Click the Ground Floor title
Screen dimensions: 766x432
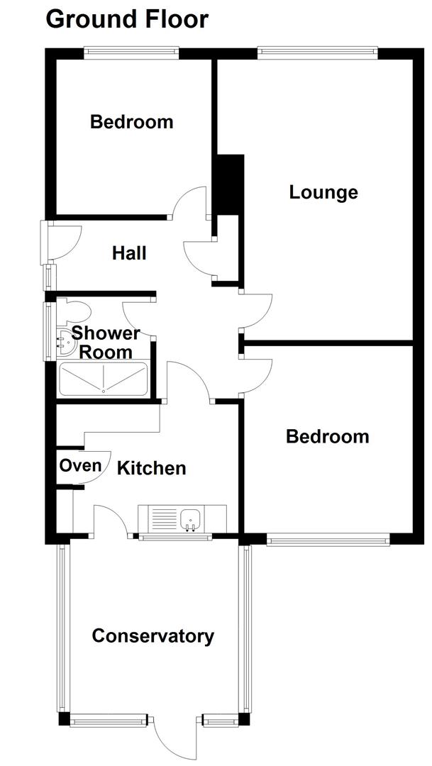click(x=127, y=19)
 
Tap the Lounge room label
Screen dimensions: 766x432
click(x=323, y=192)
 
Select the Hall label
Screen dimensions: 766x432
click(x=129, y=252)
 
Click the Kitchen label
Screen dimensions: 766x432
click(x=151, y=468)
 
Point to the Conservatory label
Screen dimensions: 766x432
click(x=153, y=636)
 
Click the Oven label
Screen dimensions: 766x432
click(x=80, y=466)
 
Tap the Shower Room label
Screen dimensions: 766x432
click(x=106, y=342)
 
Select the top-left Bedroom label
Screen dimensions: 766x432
click(x=131, y=122)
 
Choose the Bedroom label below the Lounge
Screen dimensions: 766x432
click(x=327, y=436)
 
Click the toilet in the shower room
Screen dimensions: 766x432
click(x=74, y=311)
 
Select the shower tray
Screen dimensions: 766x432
click(x=104, y=379)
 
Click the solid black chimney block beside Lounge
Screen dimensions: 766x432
click(x=229, y=184)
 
